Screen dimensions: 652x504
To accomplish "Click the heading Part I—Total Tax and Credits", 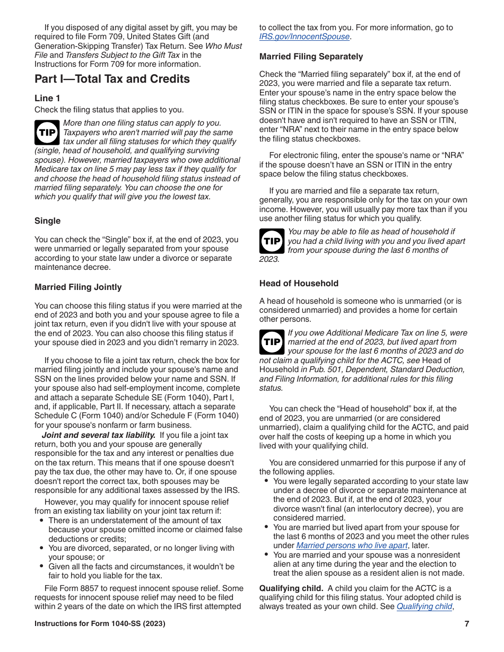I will click(x=112, y=80).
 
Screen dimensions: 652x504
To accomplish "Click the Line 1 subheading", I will click(x=47, y=98).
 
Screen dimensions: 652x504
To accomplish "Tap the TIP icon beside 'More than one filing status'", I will click(x=47, y=133).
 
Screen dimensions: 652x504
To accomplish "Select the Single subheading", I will click(x=47, y=221).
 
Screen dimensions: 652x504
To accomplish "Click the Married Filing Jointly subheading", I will click(x=78, y=287).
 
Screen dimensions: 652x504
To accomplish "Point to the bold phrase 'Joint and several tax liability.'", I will click(x=99, y=435).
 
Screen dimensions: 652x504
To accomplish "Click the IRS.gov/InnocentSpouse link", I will click(x=305, y=37).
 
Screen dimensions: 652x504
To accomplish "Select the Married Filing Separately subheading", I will click(x=311, y=57).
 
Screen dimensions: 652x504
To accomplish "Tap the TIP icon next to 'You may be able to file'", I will click(x=272, y=241).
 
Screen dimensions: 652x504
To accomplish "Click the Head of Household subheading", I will click(x=299, y=284).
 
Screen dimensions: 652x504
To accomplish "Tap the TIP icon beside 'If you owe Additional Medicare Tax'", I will click(x=272, y=342).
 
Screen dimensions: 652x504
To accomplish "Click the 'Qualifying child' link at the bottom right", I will click(x=424, y=606).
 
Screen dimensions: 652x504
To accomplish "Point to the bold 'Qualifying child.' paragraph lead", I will click(x=291, y=588).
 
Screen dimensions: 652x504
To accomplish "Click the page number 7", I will click(x=466, y=624).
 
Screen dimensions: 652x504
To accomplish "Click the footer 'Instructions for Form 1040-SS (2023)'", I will click(x=100, y=624).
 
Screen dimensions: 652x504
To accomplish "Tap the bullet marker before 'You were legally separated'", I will click(x=266, y=481).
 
